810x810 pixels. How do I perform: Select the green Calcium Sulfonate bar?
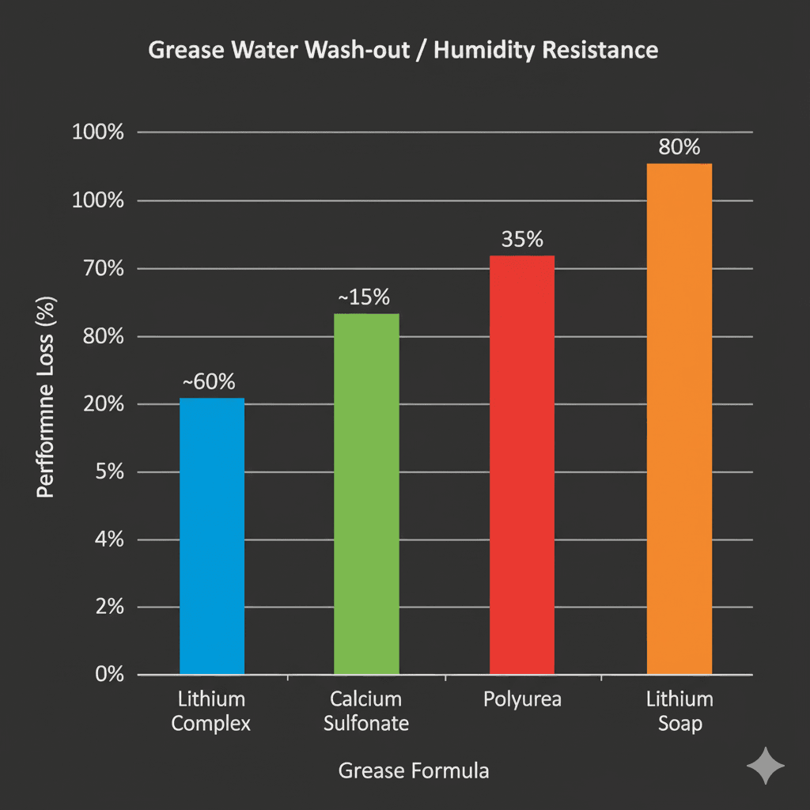tap(366, 494)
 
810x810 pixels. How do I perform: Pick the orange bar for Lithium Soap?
tap(679, 419)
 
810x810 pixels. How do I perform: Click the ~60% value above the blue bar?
tap(209, 381)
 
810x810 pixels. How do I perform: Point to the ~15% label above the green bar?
tap(364, 297)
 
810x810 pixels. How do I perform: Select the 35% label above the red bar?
tap(522, 239)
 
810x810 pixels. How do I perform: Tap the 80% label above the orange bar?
tap(679, 147)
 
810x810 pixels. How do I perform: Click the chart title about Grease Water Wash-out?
tap(403, 50)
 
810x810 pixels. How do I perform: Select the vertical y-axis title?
tap(46, 397)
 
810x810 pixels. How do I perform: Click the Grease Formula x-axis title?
tap(414, 770)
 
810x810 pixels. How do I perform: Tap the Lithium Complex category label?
tap(211, 711)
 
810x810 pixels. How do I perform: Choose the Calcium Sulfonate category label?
tap(366, 711)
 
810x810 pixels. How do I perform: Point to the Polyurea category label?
tap(521, 700)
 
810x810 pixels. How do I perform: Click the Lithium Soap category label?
tap(679, 711)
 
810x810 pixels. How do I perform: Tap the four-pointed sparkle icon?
tap(766, 766)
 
